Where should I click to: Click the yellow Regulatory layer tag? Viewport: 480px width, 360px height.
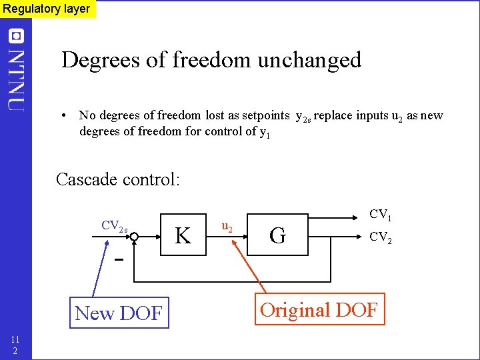pyautogui.click(x=47, y=9)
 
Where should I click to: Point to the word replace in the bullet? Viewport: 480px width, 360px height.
pyautogui.click(x=333, y=115)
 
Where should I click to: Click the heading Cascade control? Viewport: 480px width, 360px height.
pyautogui.click(x=117, y=179)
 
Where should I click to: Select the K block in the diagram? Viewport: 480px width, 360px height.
pyautogui.click(x=183, y=234)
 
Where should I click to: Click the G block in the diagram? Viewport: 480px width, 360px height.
pyautogui.click(x=279, y=234)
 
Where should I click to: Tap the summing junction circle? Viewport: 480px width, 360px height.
pyautogui.click(x=133, y=236)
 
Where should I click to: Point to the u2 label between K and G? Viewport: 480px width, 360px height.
pyautogui.click(x=227, y=227)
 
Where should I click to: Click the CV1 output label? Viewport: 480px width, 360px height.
pyautogui.click(x=381, y=215)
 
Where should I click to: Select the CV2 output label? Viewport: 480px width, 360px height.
pyautogui.click(x=381, y=236)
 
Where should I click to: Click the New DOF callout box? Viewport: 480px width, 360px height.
pyautogui.click(x=119, y=312)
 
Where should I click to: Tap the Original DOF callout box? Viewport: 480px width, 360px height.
pyautogui.click(x=319, y=309)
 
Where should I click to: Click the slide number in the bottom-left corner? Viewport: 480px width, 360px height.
pyautogui.click(x=15, y=344)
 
